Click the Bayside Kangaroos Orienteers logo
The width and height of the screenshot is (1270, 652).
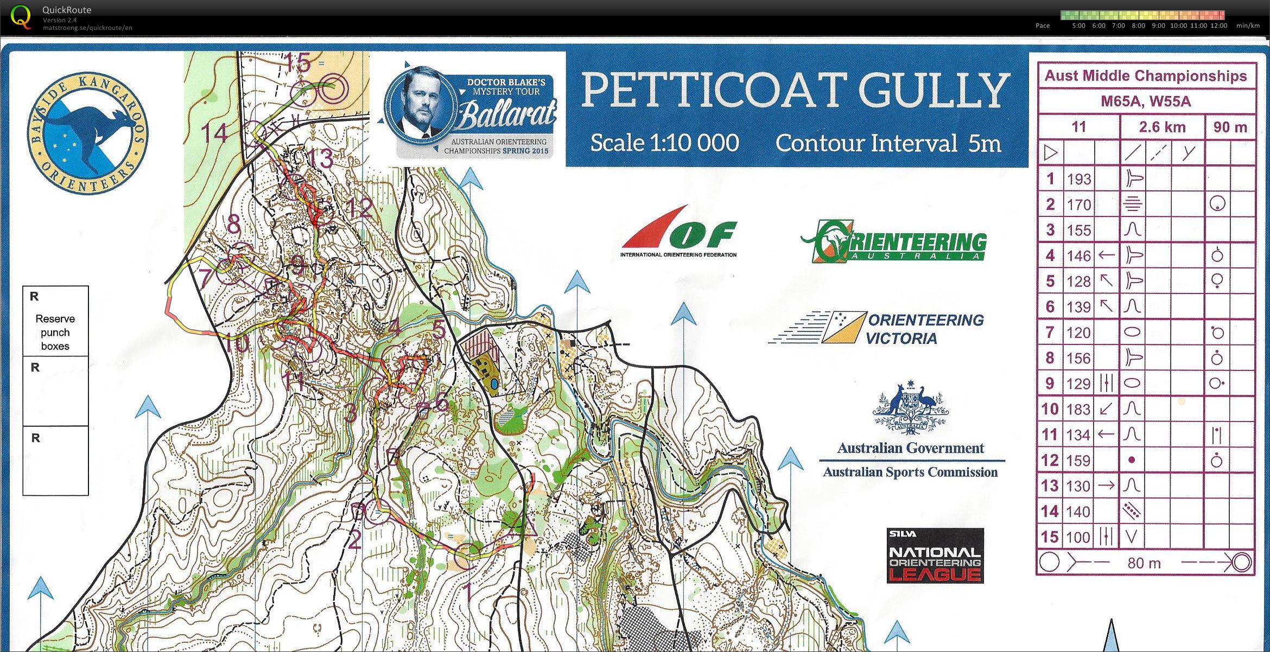pyautogui.click(x=87, y=133)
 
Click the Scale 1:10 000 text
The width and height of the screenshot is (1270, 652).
pyautogui.click(x=664, y=143)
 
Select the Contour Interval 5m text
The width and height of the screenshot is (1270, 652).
pyautogui.click(x=888, y=143)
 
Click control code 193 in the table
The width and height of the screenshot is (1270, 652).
pyautogui.click(x=1078, y=179)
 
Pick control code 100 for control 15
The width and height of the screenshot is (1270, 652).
pyautogui.click(x=1078, y=537)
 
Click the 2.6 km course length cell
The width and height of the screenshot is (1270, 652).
pyautogui.click(x=1162, y=127)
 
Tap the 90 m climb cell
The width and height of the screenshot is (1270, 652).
pyautogui.click(x=1230, y=127)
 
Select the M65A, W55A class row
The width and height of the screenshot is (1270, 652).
pyautogui.click(x=1146, y=101)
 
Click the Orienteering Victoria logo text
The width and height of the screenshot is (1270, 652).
pyautogui.click(x=925, y=329)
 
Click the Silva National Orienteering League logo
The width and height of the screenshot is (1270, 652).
pyautogui.click(x=935, y=556)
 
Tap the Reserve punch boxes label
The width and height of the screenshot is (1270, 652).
pyautogui.click(x=55, y=332)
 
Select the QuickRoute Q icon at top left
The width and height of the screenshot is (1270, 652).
pyautogui.click(x=21, y=17)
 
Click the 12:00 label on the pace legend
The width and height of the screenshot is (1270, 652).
pyautogui.click(x=1218, y=25)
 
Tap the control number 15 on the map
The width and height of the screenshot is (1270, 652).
pyautogui.click(x=297, y=63)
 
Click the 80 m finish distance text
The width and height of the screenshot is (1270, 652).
pyautogui.click(x=1144, y=563)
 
